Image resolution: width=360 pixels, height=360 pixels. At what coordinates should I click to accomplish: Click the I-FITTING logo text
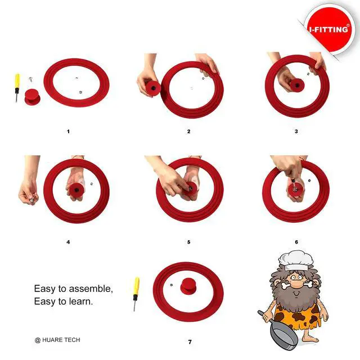(x=328, y=29)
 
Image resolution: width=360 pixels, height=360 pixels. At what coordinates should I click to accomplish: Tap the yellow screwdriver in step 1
(x=17, y=88)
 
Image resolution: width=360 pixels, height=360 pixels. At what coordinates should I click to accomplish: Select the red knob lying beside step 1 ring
(x=33, y=97)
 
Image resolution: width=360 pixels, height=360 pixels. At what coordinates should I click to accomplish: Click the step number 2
(x=189, y=132)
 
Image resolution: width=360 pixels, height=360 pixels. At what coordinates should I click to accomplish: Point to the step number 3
(x=296, y=132)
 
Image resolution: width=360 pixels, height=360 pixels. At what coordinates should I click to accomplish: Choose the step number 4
(x=68, y=242)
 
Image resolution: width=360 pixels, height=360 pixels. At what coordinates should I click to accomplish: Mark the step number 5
(x=189, y=242)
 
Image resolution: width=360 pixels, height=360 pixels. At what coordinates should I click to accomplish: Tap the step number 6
(x=296, y=242)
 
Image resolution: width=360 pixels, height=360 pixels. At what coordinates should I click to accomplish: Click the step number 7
(x=190, y=342)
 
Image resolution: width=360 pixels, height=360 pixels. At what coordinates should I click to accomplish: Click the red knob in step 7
(x=188, y=286)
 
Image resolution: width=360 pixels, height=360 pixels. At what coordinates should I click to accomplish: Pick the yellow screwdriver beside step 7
(x=136, y=294)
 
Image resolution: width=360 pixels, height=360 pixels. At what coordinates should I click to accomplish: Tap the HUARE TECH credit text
(x=57, y=340)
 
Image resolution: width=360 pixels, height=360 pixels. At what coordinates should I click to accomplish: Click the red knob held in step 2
(x=152, y=88)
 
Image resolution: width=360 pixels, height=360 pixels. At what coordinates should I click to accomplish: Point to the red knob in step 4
(x=76, y=190)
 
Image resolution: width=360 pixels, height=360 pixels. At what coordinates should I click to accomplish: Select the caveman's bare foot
(x=310, y=339)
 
